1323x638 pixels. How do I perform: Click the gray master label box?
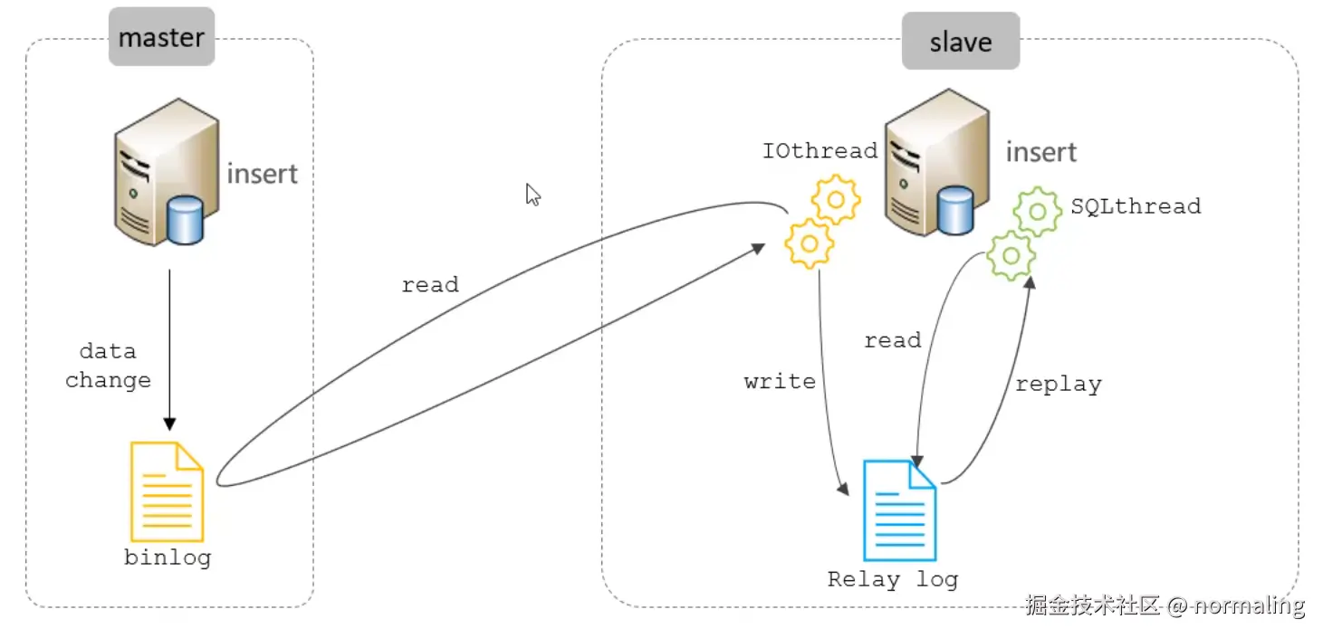click(161, 38)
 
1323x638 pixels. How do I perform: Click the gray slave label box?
click(960, 42)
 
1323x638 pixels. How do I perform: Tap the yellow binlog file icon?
click(167, 491)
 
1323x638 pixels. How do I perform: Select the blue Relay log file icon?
click(899, 510)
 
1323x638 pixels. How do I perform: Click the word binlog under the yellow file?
click(168, 557)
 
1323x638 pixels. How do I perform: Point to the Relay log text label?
click(892, 579)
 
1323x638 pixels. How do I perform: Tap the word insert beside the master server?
click(262, 173)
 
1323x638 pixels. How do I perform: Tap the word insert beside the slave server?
click(1041, 152)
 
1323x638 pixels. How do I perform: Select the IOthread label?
click(820, 150)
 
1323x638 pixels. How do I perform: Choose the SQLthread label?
click(1136, 206)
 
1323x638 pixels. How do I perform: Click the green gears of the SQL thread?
click(1024, 233)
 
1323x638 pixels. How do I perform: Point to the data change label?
click(108, 366)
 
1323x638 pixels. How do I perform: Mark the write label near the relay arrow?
click(780, 382)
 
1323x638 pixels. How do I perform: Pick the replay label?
click(1058, 384)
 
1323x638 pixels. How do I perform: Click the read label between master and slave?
click(430, 285)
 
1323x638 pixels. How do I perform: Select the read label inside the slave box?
click(892, 341)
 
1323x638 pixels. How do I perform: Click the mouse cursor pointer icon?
click(533, 195)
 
